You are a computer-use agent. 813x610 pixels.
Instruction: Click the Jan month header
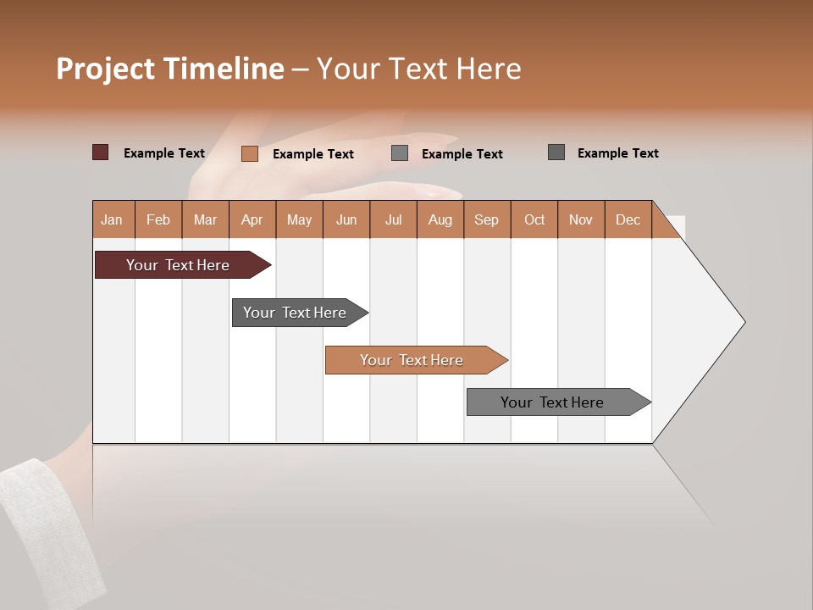click(113, 219)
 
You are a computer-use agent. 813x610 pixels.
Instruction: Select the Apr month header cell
click(252, 219)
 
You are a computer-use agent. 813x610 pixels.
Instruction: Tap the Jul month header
click(393, 219)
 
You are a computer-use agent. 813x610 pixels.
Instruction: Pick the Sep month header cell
click(487, 219)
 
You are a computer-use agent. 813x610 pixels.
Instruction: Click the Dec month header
click(628, 219)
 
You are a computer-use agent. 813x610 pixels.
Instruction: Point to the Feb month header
click(158, 219)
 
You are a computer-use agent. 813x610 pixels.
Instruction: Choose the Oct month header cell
click(534, 219)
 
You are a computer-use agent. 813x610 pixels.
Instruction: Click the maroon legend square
click(100, 152)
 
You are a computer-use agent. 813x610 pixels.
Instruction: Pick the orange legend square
click(249, 153)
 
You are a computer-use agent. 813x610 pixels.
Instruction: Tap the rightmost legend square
click(556, 152)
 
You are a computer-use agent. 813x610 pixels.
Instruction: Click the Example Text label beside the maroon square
click(164, 153)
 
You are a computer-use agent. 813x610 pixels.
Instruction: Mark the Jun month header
click(346, 219)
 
